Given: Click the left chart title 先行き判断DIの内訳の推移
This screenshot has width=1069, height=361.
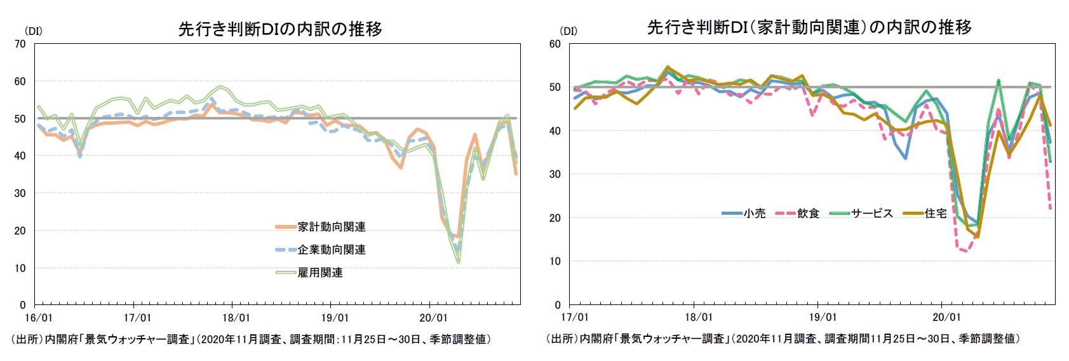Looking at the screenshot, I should tap(280, 29).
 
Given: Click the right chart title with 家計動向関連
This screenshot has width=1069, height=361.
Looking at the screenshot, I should tap(809, 27).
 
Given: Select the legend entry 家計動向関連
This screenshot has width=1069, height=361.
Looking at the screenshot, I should tap(331, 227).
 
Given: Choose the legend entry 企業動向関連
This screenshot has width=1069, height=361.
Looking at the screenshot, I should tap(331, 250).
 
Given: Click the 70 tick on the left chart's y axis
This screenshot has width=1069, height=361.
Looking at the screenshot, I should tap(20, 44).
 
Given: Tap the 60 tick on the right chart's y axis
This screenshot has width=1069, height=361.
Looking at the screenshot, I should tap(555, 44).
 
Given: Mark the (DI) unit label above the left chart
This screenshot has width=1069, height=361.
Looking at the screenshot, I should tap(32, 31).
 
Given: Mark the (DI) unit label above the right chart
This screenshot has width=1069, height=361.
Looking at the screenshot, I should tap(568, 31).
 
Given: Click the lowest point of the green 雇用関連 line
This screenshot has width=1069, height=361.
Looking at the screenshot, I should tap(458, 262).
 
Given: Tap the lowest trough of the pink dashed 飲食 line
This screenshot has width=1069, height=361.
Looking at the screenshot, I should tap(965, 251).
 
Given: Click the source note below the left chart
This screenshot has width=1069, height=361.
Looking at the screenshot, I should tap(251, 339).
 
